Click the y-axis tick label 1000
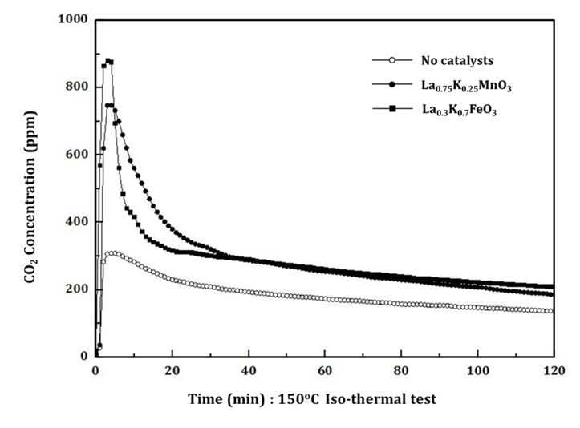73,18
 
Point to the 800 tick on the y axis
76,87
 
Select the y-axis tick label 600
76,154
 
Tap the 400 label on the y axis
76,221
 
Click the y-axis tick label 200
76,289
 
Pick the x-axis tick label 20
172,370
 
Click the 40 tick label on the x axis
249,370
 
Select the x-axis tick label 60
325,370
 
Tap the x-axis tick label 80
401,370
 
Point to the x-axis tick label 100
478,370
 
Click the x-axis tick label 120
554,370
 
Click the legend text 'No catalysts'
457,60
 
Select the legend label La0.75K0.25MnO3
466,86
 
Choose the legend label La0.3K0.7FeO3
459,110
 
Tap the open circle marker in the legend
392,60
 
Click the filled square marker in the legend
392,108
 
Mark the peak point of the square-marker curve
107,61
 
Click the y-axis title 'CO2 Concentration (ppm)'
30,197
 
